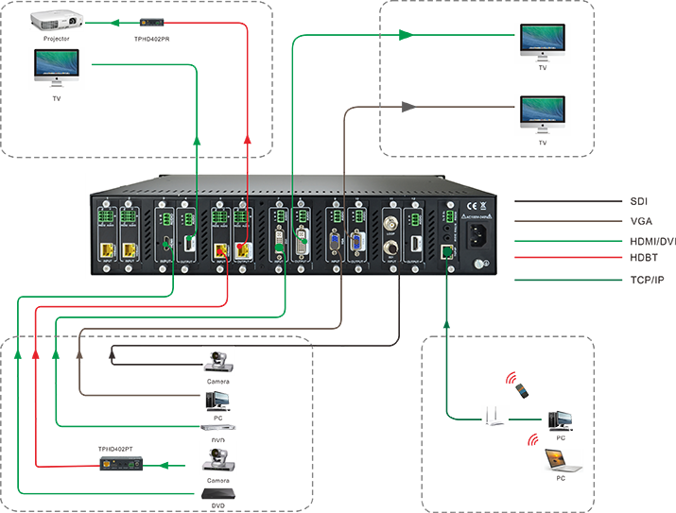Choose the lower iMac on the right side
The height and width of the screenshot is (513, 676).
point(543,112)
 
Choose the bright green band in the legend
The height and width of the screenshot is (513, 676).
point(567,240)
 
